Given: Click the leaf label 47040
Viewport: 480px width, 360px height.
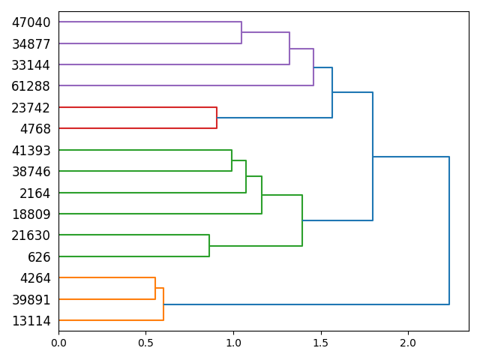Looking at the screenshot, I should (x=31, y=22).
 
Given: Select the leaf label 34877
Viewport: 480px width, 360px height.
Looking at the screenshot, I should (x=31, y=43).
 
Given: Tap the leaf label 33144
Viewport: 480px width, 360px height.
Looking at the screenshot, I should (x=31, y=65).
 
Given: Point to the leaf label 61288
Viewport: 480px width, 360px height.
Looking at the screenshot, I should (x=31, y=86).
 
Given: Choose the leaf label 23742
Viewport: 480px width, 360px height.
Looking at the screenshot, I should (x=31, y=108).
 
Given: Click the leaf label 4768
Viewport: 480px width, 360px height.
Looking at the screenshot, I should (x=34, y=129).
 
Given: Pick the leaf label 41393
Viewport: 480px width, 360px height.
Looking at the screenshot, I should (x=31, y=151).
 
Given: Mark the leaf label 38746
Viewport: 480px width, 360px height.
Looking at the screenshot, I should (x=31, y=172).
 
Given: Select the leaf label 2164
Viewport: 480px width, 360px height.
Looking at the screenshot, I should (x=34, y=193).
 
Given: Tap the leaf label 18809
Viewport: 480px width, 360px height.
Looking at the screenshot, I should (x=31, y=214).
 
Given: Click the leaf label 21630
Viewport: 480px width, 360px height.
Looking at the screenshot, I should (x=31, y=235).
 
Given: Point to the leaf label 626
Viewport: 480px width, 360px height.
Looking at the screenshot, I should (x=39, y=257).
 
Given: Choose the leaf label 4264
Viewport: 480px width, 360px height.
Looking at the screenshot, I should (x=34, y=278).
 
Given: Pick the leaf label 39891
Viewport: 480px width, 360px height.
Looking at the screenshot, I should (x=31, y=300).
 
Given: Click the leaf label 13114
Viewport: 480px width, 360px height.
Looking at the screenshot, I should (x=31, y=321).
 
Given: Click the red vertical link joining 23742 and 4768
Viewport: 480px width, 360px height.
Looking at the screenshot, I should (x=217, y=118).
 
